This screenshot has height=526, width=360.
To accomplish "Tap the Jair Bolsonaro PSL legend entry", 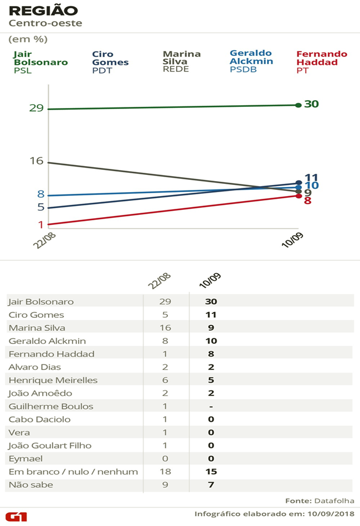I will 40,62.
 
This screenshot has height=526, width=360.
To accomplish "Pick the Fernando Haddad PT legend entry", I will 322,62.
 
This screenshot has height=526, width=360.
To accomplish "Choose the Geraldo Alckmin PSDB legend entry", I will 251,61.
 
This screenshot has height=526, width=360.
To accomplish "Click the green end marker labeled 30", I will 299,105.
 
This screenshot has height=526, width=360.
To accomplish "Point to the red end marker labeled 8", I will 299,196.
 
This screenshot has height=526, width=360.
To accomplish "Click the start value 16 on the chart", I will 37,161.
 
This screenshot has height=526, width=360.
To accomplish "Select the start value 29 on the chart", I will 37,109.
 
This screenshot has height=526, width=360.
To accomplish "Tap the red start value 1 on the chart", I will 40,224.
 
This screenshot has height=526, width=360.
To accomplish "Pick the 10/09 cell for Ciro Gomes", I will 210,314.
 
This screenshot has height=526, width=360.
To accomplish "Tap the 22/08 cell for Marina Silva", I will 165,328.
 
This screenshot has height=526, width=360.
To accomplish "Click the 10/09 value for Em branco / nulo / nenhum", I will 210,472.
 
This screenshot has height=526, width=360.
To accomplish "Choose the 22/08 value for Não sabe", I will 165,485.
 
